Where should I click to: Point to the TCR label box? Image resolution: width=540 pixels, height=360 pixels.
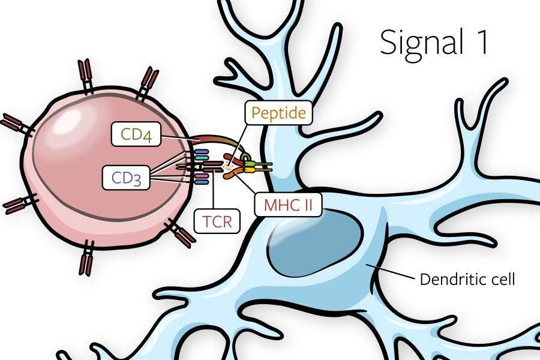[x=217, y=221]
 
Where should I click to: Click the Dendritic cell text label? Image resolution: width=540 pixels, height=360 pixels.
[x=467, y=279]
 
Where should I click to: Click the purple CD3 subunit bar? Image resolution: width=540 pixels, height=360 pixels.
[x=200, y=152]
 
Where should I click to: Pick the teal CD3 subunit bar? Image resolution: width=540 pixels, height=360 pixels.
[x=200, y=158]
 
